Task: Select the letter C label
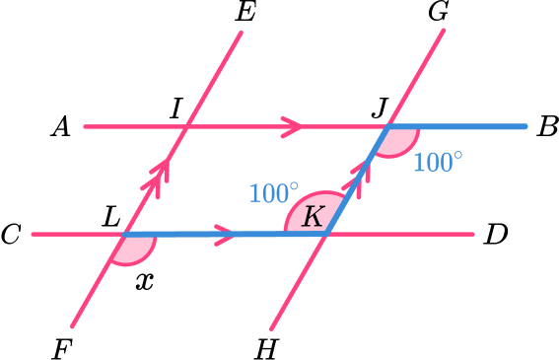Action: click(12, 235)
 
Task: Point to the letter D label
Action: click(496, 235)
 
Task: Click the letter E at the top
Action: click(244, 14)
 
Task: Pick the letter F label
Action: click(62, 346)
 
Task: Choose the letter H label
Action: click(265, 346)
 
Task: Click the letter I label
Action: click(175, 107)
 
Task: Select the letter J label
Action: click(378, 107)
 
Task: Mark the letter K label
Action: click(313, 216)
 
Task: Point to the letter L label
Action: click(112, 216)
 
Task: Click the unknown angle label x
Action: click(145, 280)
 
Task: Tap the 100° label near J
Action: click(437, 161)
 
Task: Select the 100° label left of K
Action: click(273, 192)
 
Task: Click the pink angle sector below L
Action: click(131, 251)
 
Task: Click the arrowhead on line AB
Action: click(293, 126)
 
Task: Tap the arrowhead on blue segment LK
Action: click(226, 235)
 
